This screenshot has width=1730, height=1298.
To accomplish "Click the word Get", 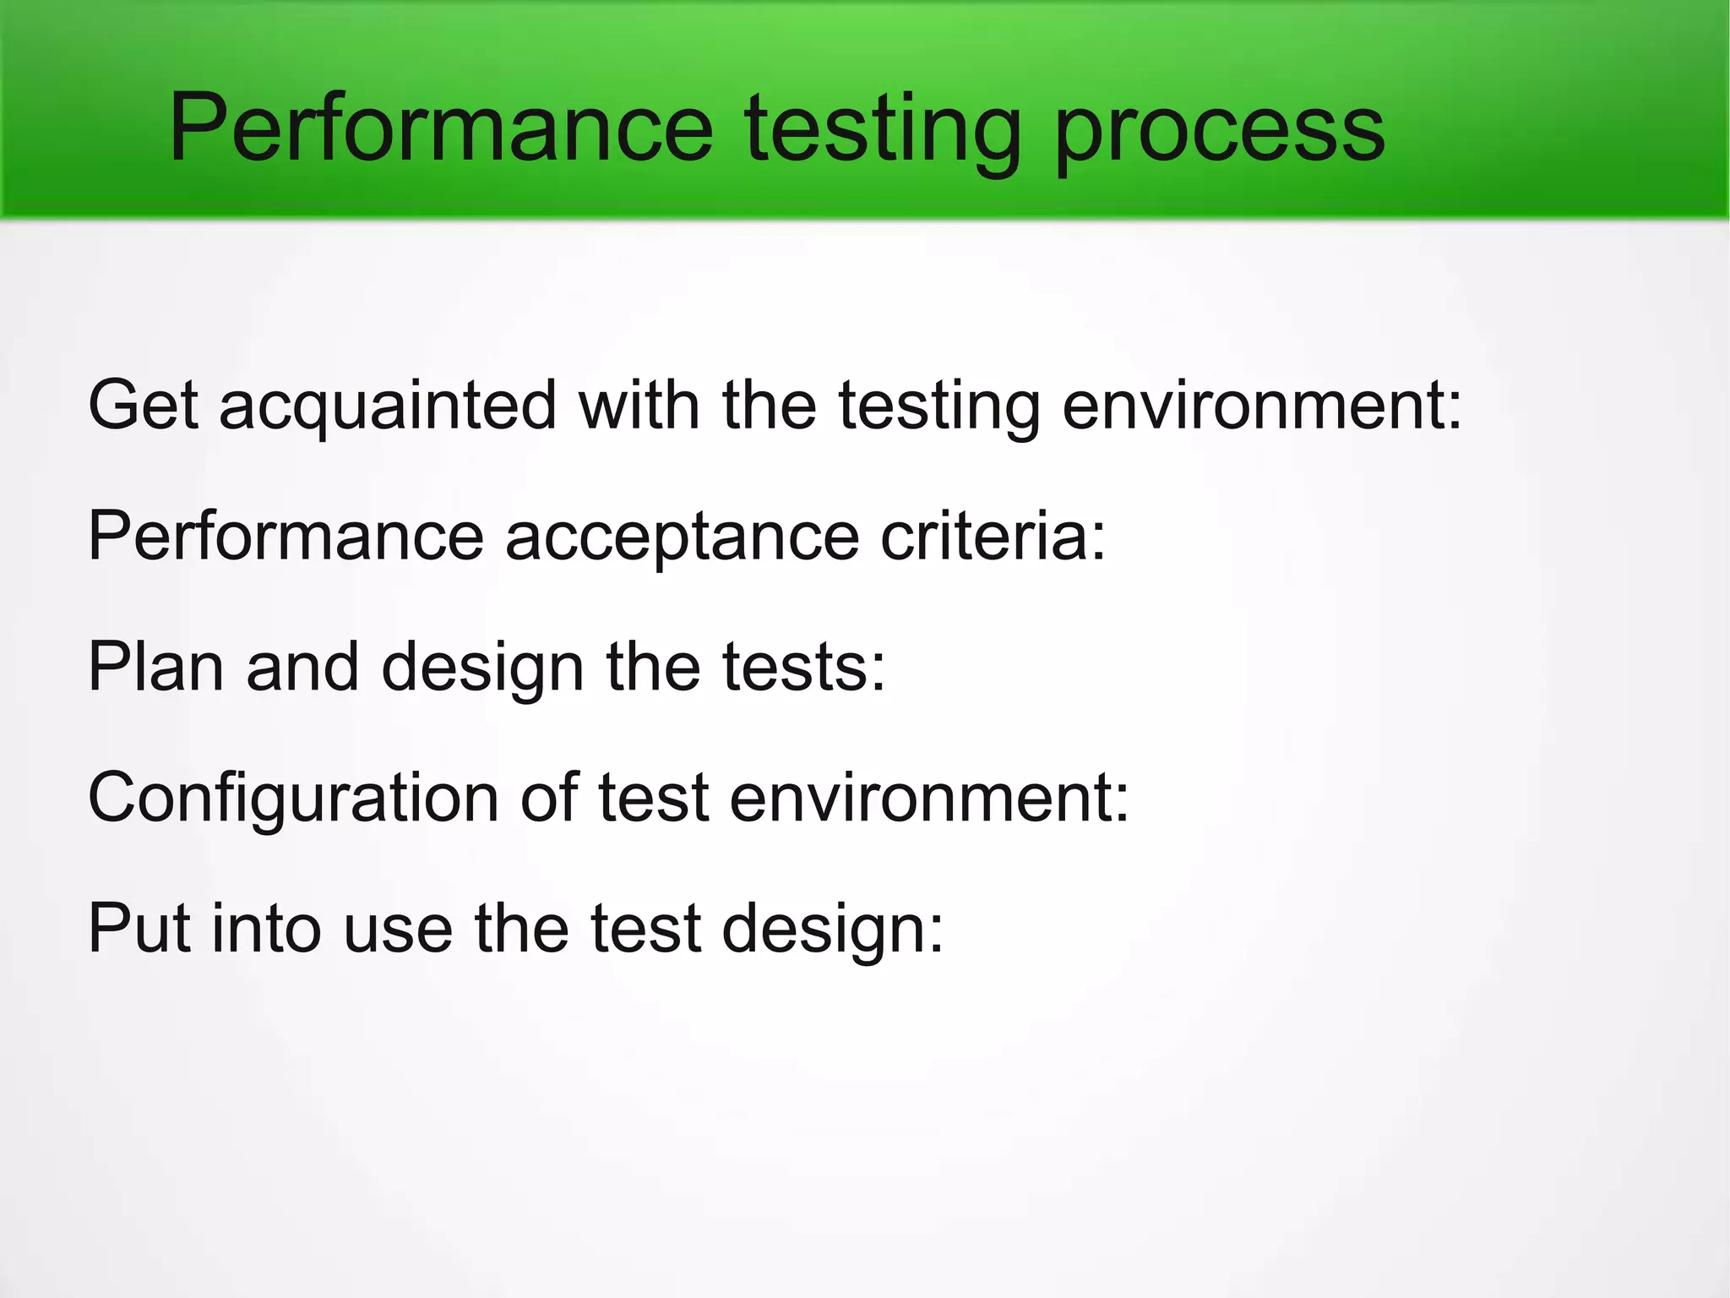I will pos(143,406).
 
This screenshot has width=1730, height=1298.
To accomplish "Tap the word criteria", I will pos(993,536).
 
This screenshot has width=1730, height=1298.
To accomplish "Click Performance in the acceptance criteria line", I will pos(286,536).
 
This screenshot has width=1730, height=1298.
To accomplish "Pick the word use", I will pos(398,930).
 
